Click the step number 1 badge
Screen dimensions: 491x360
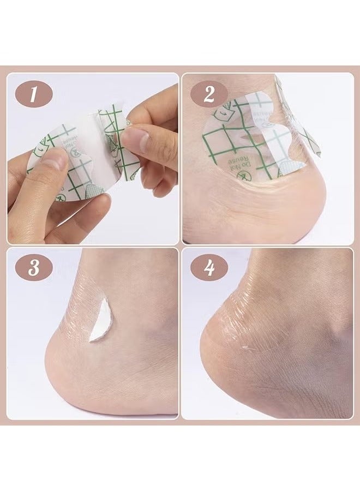pyautogui.click(x=33, y=95)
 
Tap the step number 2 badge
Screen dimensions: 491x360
pyautogui.click(x=208, y=95)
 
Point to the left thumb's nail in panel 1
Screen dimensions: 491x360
pyautogui.click(x=55, y=159)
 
